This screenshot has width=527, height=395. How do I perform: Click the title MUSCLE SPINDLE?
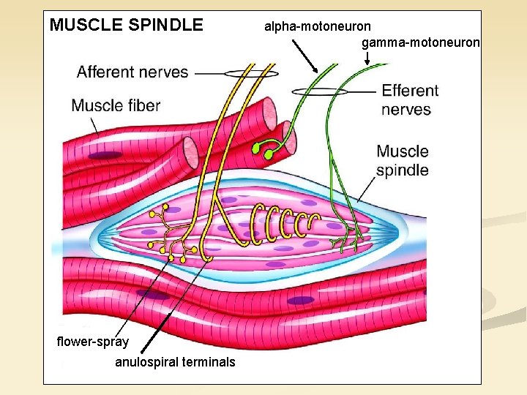coord(126,25)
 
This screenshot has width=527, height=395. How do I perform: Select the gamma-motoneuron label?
coord(420,42)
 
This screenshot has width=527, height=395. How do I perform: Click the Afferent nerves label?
coord(132,72)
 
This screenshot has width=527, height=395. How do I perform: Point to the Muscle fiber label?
coord(116,105)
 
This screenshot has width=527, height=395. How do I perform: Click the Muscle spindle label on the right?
coord(402,161)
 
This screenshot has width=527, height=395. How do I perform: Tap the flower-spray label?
coord(92,342)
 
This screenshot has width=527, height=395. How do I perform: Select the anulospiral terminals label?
coord(175,362)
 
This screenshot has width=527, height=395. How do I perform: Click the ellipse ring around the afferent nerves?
coord(251,74)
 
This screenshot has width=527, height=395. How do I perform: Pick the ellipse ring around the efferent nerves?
coord(320,91)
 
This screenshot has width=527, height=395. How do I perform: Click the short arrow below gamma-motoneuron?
coord(366,58)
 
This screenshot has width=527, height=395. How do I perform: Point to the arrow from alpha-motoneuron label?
coord(305,56)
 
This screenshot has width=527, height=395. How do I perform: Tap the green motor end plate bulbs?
coord(263,151)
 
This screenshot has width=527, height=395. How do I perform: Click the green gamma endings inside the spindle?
coord(351,236)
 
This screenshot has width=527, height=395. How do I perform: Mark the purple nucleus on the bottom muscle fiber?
coord(300,300)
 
